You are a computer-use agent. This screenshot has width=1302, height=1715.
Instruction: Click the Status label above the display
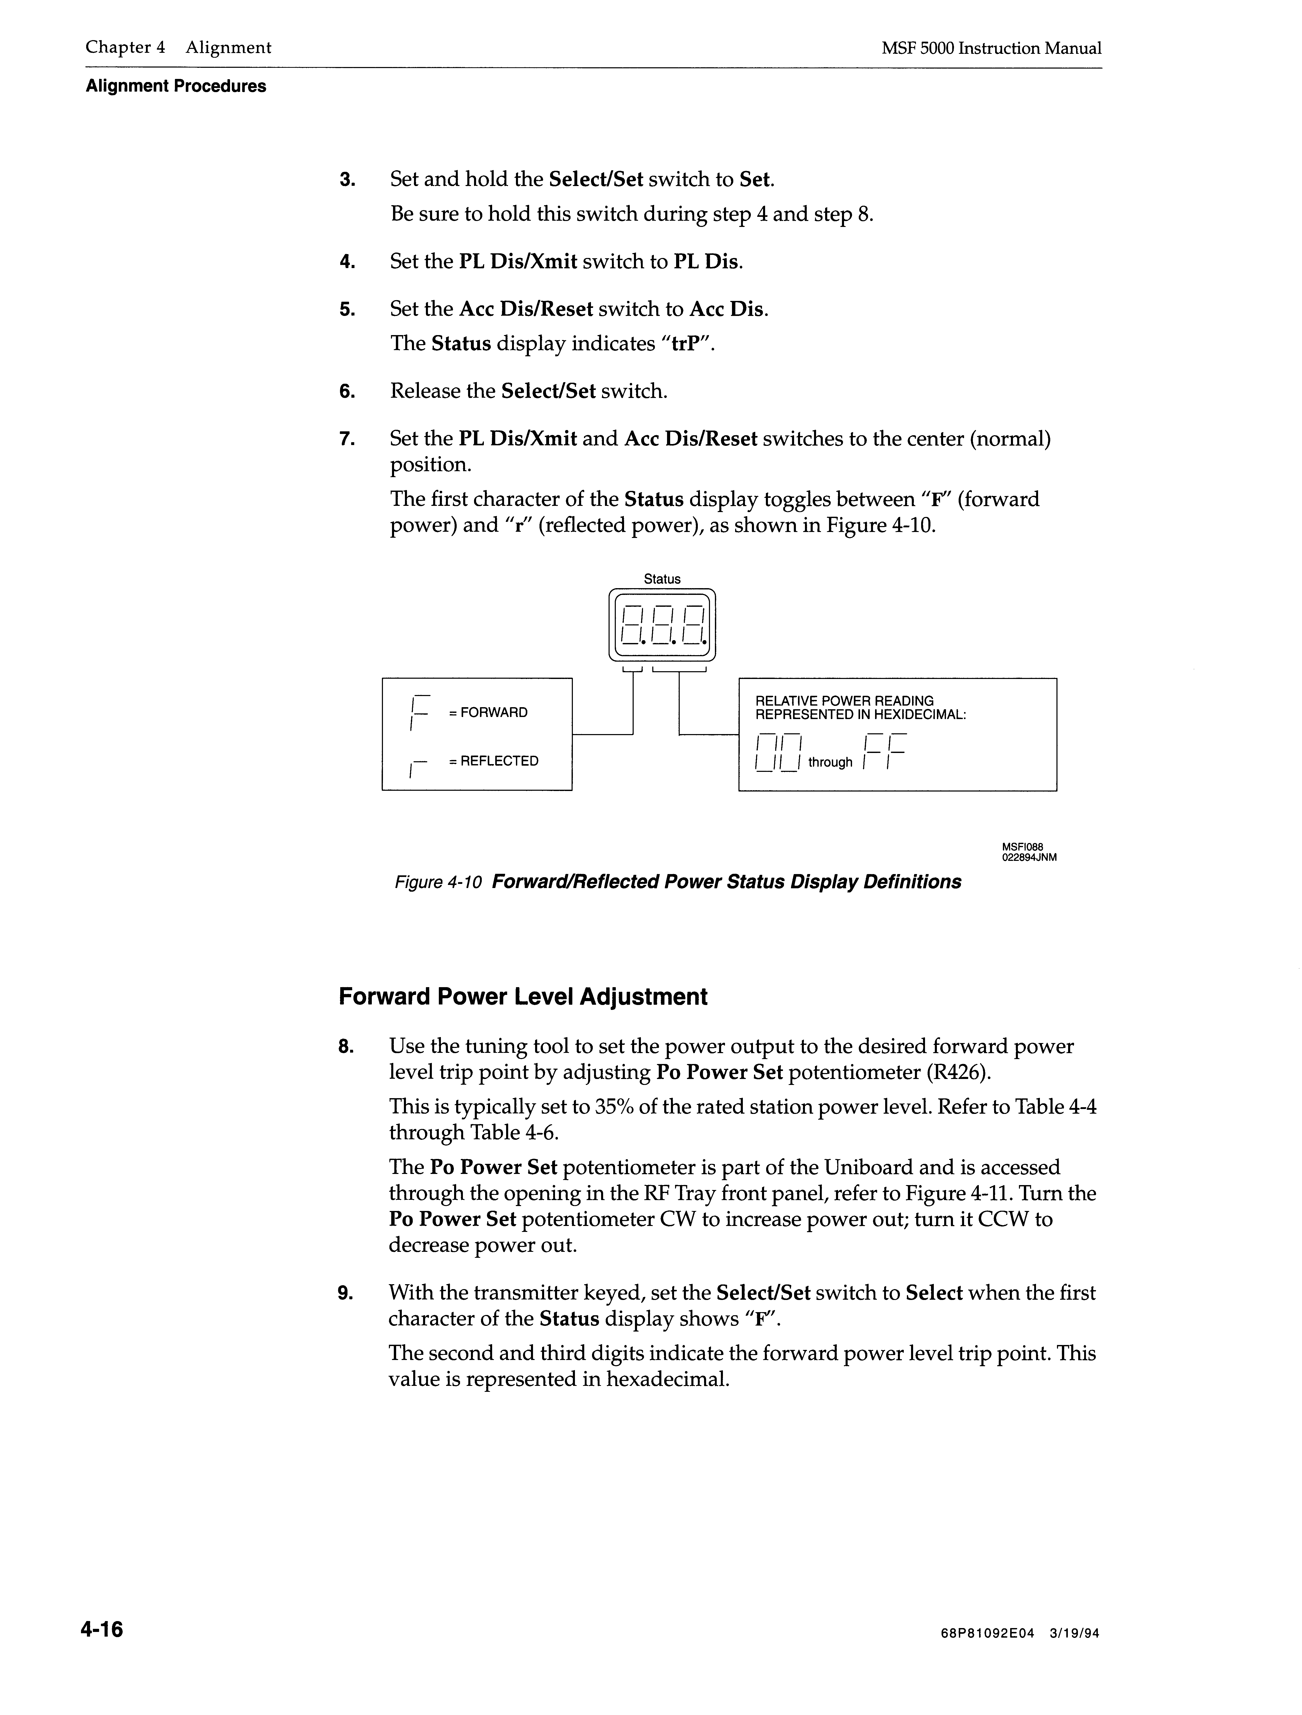pos(661,579)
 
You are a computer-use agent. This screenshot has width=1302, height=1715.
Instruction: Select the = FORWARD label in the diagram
pos(488,713)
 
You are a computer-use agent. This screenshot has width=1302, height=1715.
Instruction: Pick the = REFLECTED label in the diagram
pos(493,761)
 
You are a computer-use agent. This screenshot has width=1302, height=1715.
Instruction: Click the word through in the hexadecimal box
pos(830,762)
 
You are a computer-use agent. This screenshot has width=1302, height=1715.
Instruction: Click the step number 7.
pos(347,440)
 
